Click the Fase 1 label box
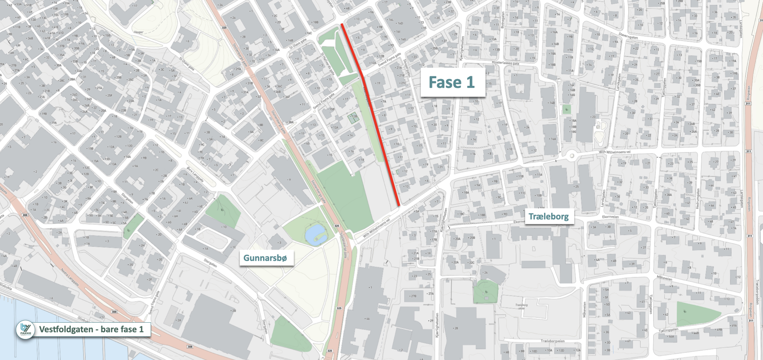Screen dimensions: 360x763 (452, 82)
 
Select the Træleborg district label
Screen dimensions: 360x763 (548, 217)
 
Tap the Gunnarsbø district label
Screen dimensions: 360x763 (265, 258)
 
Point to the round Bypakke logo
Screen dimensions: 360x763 (25, 330)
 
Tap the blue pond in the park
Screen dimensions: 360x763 (316, 234)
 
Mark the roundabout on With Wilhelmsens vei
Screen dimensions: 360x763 (571, 155)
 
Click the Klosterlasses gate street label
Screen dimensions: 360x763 (505, 63)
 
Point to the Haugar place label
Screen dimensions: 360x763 (138, 32)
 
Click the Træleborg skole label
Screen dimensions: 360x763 (521, 307)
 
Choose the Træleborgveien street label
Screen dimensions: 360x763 (552, 341)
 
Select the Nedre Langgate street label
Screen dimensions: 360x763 (70, 277)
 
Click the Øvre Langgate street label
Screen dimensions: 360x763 (195, 175)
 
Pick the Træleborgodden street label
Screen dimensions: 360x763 (757, 292)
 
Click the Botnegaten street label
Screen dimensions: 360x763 (502, 20)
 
